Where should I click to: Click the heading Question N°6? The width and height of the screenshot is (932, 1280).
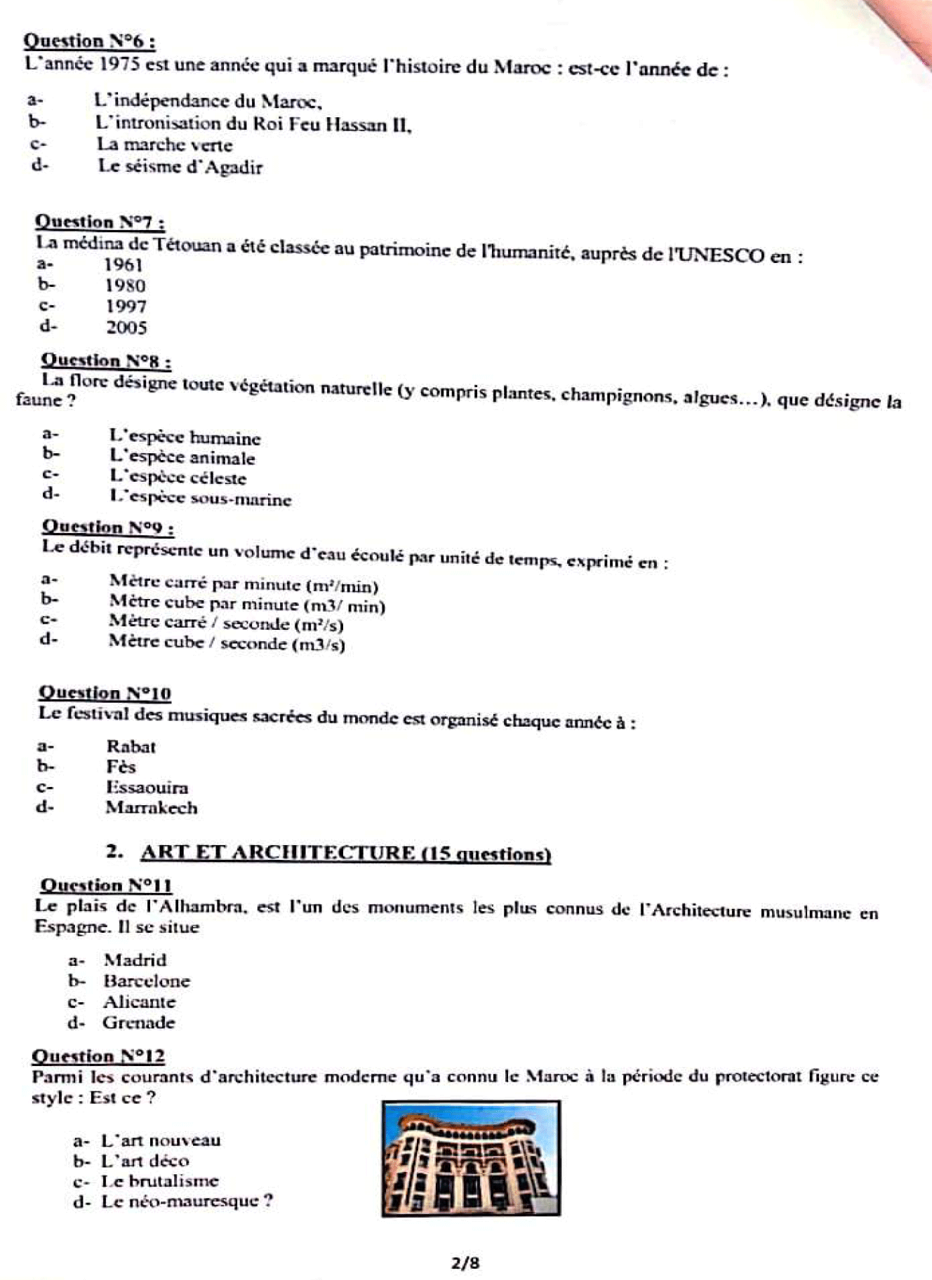(89, 41)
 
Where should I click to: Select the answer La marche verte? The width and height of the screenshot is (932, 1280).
(164, 145)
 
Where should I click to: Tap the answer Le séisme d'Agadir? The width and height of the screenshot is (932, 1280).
(180, 167)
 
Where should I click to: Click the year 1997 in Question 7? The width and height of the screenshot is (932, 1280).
(126, 306)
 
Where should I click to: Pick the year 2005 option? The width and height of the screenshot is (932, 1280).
(126, 328)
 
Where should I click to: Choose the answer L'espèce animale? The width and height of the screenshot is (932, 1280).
(182, 458)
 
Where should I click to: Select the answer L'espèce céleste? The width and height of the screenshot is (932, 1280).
(178, 478)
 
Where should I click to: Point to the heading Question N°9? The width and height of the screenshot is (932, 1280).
(108, 527)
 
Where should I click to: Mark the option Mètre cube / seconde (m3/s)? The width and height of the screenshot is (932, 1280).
(226, 643)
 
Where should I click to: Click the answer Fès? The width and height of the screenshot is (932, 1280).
(121, 767)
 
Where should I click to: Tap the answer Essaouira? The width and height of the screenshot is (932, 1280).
(147, 787)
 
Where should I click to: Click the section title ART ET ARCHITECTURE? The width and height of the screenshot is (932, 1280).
(345, 853)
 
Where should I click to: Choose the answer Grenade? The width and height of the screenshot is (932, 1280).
(138, 1023)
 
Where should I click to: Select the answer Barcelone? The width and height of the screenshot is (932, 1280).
(146, 981)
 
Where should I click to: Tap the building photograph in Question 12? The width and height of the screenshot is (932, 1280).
(471, 1158)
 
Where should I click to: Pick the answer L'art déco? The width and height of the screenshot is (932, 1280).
(145, 1161)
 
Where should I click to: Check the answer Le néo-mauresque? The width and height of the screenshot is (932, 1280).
(186, 1201)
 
